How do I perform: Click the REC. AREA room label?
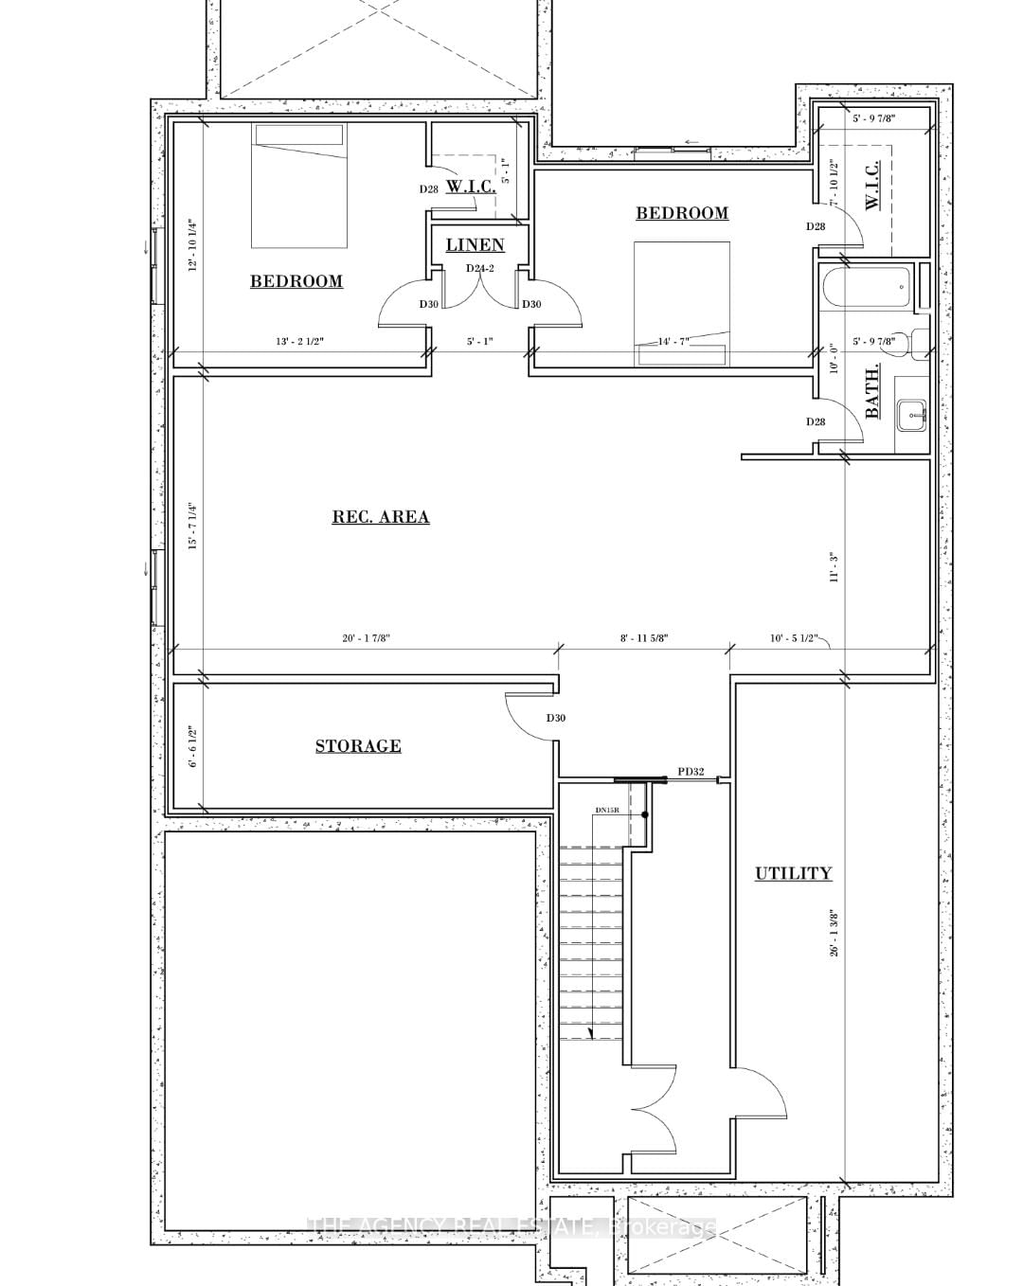click(380, 517)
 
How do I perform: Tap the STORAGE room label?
click(358, 746)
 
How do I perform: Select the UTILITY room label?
click(793, 873)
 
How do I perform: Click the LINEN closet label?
click(475, 245)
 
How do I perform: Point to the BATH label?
click(872, 390)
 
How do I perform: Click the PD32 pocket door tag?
click(691, 772)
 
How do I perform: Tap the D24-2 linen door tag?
click(480, 268)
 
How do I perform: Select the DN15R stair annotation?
click(606, 811)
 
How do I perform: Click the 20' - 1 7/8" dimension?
click(367, 638)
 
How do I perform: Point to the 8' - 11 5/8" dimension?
click(644, 638)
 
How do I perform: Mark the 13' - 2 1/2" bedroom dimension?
click(299, 341)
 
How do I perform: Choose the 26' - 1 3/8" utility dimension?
click(835, 934)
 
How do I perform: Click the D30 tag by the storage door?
click(555, 718)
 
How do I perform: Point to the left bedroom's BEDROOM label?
click(296, 281)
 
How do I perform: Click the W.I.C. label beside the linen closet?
click(471, 187)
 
